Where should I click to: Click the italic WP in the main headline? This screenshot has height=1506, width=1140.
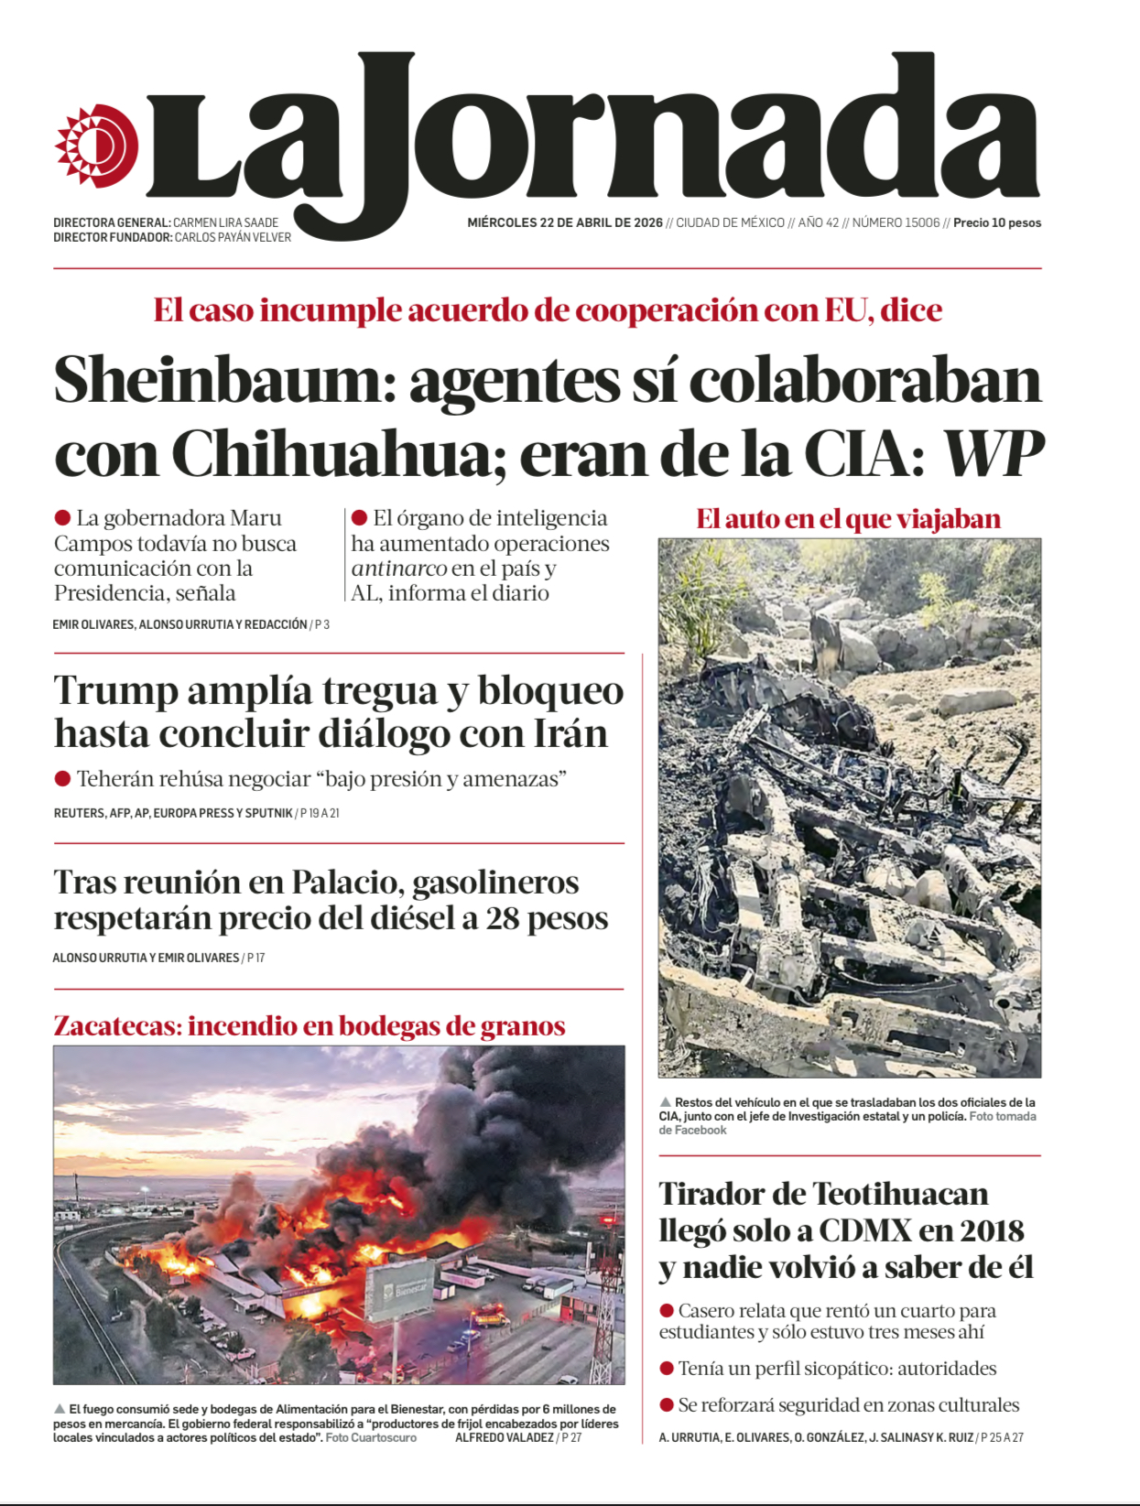click(993, 454)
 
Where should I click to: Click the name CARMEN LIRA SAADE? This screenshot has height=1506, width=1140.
click(225, 222)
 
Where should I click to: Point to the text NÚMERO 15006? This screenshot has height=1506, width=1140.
click(896, 222)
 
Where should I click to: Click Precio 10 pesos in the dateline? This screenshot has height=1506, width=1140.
click(997, 222)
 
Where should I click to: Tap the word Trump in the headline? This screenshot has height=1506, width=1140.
click(115, 691)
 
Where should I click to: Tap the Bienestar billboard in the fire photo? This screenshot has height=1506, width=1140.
click(400, 1288)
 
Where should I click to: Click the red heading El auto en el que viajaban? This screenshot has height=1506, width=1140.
click(848, 519)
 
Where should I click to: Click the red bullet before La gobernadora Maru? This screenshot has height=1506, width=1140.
click(62, 518)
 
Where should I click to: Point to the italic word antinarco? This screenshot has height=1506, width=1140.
click(399, 569)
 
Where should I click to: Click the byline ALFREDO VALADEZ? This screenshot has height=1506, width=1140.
click(505, 1437)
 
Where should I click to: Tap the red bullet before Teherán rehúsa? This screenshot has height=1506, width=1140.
click(62, 779)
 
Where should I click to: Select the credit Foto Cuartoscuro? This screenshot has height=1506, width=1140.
click(371, 1437)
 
